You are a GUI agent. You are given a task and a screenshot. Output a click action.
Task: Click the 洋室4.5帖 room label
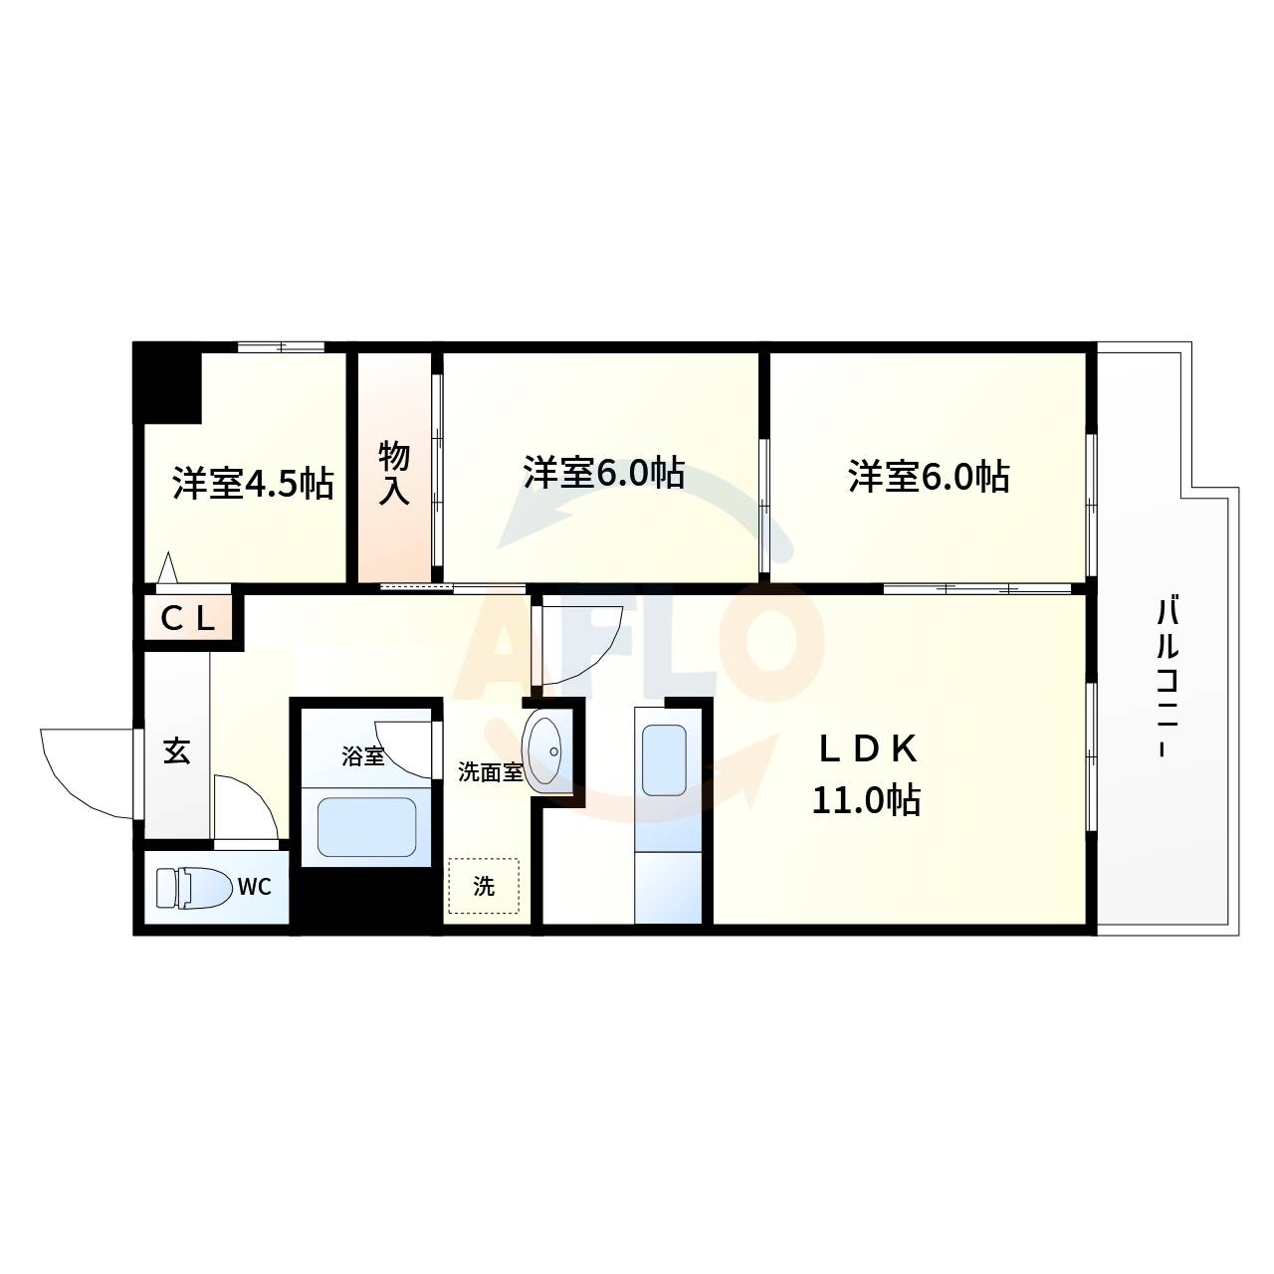[253, 483]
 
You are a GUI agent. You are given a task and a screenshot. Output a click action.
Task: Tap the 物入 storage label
[394, 474]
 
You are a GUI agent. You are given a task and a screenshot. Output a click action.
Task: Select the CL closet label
[189, 620]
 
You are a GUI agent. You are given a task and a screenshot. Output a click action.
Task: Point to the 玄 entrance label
[176, 750]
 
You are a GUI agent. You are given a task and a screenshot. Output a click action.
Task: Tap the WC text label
[254, 887]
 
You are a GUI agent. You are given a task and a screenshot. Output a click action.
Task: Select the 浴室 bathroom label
[362, 756]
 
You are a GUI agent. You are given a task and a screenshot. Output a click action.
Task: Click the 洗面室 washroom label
[490, 772]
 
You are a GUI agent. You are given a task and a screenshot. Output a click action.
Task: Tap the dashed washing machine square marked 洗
[484, 886]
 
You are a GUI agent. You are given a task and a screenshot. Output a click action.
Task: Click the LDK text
[867, 748]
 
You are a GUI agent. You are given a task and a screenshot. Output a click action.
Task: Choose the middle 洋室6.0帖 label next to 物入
[604, 472]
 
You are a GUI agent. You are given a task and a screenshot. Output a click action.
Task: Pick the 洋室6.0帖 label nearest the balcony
[929, 476]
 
